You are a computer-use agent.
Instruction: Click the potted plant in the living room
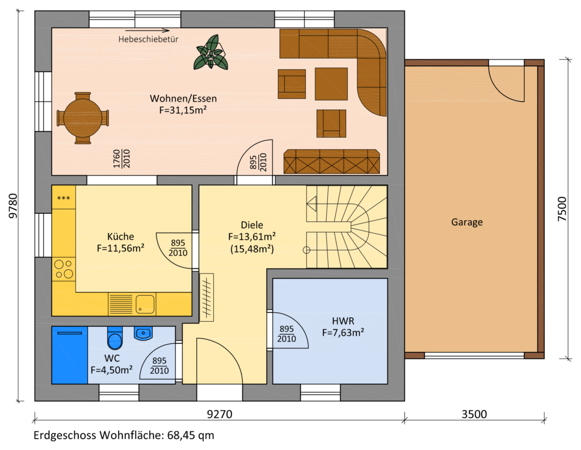click(210, 52)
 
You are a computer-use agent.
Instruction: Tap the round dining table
click(83, 118)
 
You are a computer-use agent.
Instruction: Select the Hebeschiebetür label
click(148, 39)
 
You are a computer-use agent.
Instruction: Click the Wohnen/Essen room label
click(183, 99)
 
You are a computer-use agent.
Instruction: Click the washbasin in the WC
click(143, 333)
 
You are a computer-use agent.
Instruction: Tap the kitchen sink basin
click(145, 304)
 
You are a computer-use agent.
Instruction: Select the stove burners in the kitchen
click(64, 269)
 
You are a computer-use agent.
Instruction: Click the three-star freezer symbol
click(64, 198)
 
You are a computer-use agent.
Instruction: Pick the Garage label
click(467, 222)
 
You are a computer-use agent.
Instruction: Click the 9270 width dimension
click(220, 414)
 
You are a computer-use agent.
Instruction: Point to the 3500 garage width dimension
click(474, 414)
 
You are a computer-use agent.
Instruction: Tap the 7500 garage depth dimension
click(562, 209)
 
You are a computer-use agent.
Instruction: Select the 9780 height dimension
click(13, 206)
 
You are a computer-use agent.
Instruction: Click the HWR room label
click(343, 321)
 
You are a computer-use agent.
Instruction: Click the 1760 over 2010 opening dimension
click(121, 159)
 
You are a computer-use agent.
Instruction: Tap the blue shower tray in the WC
click(70, 355)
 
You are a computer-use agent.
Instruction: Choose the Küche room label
click(120, 237)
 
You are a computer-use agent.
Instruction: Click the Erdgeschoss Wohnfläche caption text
click(124, 435)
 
